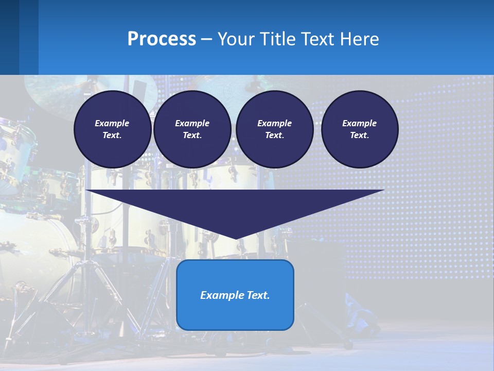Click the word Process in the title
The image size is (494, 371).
pos(162,39)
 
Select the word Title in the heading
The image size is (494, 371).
pos(278,39)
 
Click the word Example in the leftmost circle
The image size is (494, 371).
pos(112,123)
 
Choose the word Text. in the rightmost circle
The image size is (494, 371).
pos(360,135)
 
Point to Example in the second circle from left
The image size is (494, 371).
pos(192,123)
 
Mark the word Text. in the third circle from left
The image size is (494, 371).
pos(274,135)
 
